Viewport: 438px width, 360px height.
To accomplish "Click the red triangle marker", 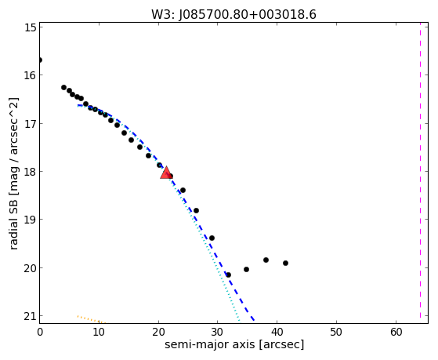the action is tap(166, 173).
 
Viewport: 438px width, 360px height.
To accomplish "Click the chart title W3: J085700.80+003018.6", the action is tap(233, 15).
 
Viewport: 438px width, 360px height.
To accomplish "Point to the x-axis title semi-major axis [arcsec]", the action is tap(234, 344).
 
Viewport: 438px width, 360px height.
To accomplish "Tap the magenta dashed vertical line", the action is tap(420, 173).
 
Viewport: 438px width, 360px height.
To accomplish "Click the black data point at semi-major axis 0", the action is tap(40, 60).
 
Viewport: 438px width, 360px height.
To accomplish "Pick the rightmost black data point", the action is tap(285, 263).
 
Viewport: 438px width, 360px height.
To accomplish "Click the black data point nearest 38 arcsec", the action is tap(266, 260).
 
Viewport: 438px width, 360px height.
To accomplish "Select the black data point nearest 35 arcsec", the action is tap(246, 269).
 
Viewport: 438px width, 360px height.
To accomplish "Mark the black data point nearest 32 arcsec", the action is tap(228, 275).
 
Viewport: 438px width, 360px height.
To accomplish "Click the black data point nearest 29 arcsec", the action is tap(212, 238).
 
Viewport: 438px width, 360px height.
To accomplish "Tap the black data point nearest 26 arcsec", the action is tap(196, 210).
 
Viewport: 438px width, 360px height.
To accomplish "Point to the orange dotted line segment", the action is tap(92, 319).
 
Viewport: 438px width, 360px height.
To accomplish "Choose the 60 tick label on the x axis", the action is tap(396, 332).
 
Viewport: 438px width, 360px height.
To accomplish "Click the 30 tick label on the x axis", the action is tap(218, 332).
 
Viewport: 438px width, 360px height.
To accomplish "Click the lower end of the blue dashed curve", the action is tap(254, 320).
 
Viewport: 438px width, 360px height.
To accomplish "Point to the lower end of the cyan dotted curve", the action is tap(240, 321).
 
